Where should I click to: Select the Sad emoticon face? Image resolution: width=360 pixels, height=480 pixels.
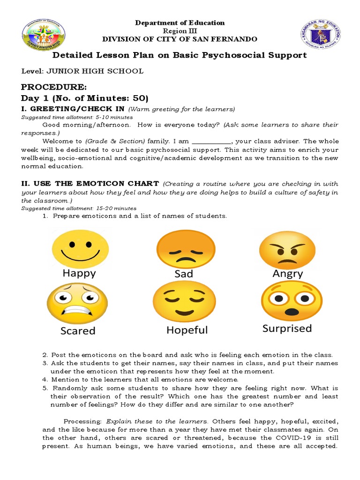(183, 249)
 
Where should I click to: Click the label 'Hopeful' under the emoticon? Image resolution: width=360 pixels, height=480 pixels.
(187, 330)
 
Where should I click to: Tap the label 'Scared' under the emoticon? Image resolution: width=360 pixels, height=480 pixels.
(78, 331)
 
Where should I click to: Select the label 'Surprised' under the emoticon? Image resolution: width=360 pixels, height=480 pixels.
(287, 329)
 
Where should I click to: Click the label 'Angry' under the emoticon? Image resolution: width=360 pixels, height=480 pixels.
(287, 274)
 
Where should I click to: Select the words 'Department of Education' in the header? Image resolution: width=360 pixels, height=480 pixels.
(180, 23)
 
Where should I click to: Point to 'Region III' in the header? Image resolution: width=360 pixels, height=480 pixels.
(180, 30)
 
